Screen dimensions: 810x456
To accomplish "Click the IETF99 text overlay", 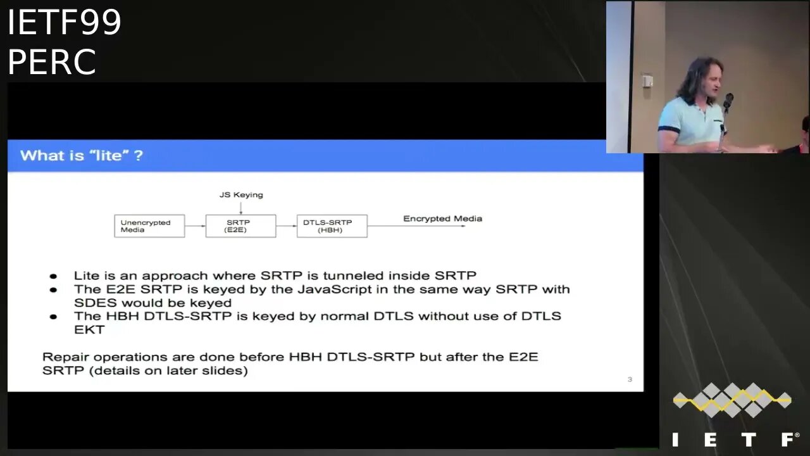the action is point(65,22).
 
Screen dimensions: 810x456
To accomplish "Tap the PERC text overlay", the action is point(52,61).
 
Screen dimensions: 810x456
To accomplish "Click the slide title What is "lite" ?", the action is point(82,156).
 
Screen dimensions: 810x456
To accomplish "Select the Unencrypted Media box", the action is point(149,226).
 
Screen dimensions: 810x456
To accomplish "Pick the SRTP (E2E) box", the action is point(241,226).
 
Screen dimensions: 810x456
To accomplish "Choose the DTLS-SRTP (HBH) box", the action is point(332,226).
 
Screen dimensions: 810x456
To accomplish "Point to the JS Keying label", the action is point(241,195).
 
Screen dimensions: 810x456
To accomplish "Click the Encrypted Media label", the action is point(442,218).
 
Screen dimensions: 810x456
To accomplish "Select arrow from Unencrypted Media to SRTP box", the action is point(196,226).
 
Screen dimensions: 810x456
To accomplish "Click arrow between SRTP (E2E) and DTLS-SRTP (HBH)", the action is point(287,226).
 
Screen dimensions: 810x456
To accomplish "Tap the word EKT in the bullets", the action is point(89,330).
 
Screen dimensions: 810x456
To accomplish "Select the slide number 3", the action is point(630,379).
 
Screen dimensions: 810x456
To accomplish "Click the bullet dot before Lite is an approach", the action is point(53,277).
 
